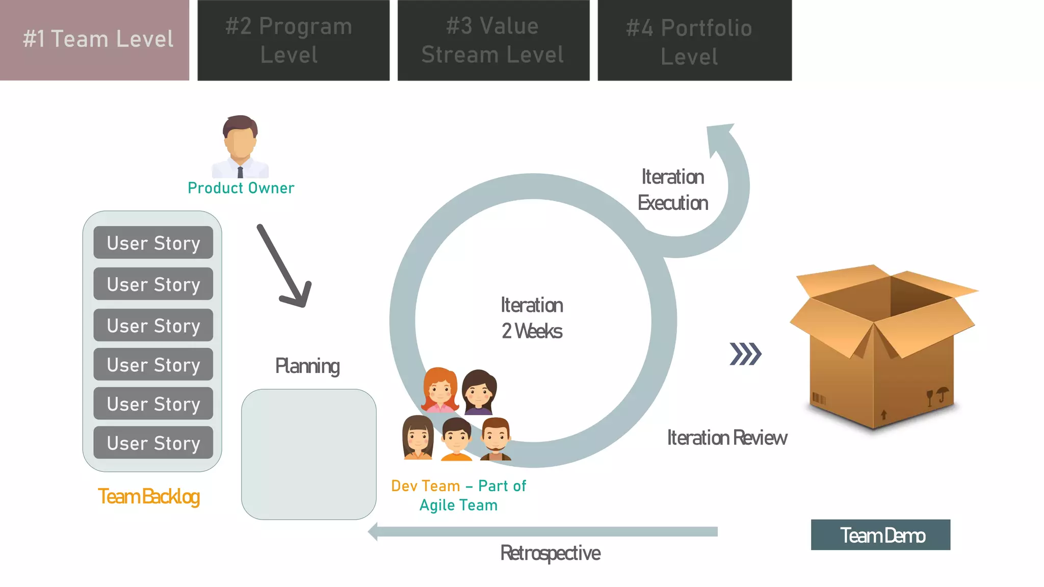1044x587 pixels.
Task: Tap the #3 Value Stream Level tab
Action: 493,40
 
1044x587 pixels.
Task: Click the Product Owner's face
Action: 240,143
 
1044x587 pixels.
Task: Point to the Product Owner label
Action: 241,188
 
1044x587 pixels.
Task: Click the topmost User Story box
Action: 153,243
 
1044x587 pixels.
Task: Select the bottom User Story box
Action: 153,443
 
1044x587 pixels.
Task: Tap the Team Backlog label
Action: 148,496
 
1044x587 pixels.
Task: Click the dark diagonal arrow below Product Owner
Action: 283,265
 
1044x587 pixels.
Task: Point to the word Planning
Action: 307,366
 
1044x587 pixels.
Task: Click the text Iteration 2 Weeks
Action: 532,318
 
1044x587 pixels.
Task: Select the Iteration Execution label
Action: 672,190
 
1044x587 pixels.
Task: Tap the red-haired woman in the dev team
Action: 440,390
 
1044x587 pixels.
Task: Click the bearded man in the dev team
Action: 495,439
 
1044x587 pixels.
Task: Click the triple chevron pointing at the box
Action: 745,354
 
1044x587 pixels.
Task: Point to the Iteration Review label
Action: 727,438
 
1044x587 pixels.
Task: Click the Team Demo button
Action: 880,535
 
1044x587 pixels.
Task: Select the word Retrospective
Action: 550,553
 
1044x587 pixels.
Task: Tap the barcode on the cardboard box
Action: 818,398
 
